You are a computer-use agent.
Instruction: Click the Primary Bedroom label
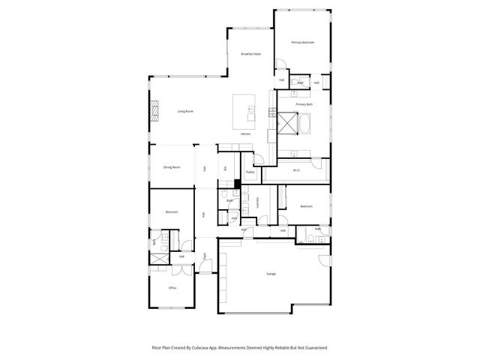click(x=302, y=43)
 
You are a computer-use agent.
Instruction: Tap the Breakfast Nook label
click(x=250, y=55)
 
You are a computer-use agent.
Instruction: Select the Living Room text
click(x=185, y=112)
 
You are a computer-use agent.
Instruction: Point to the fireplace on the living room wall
click(x=155, y=111)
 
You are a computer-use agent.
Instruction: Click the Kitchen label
click(x=246, y=133)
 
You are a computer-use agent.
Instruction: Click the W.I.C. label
click(x=297, y=170)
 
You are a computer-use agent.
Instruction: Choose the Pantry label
click(x=250, y=172)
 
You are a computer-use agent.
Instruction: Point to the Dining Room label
click(x=172, y=167)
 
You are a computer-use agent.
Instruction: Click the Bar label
click(x=225, y=168)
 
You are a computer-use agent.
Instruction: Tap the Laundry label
click(x=256, y=202)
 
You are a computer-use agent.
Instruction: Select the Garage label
click(x=271, y=274)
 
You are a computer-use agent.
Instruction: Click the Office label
click(x=172, y=287)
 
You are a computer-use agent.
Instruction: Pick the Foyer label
click(x=204, y=256)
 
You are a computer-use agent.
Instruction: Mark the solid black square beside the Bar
click(x=237, y=184)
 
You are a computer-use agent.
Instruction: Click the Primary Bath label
click(x=303, y=104)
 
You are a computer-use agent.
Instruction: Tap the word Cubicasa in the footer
click(x=199, y=347)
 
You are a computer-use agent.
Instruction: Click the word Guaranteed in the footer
click(x=317, y=347)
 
